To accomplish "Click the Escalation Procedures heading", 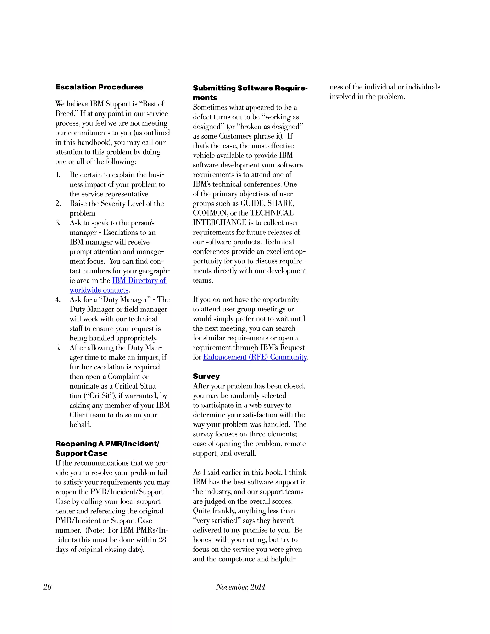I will tap(99, 87).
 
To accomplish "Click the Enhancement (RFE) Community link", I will tap(255, 357).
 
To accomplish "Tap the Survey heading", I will tap(206, 376).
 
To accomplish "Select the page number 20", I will tap(47, 587).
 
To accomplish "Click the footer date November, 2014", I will tap(240, 587).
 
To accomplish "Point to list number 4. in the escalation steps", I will tap(58, 300).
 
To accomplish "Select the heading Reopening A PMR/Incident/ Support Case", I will tap(107, 449).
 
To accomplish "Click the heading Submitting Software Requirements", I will tap(250, 92).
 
